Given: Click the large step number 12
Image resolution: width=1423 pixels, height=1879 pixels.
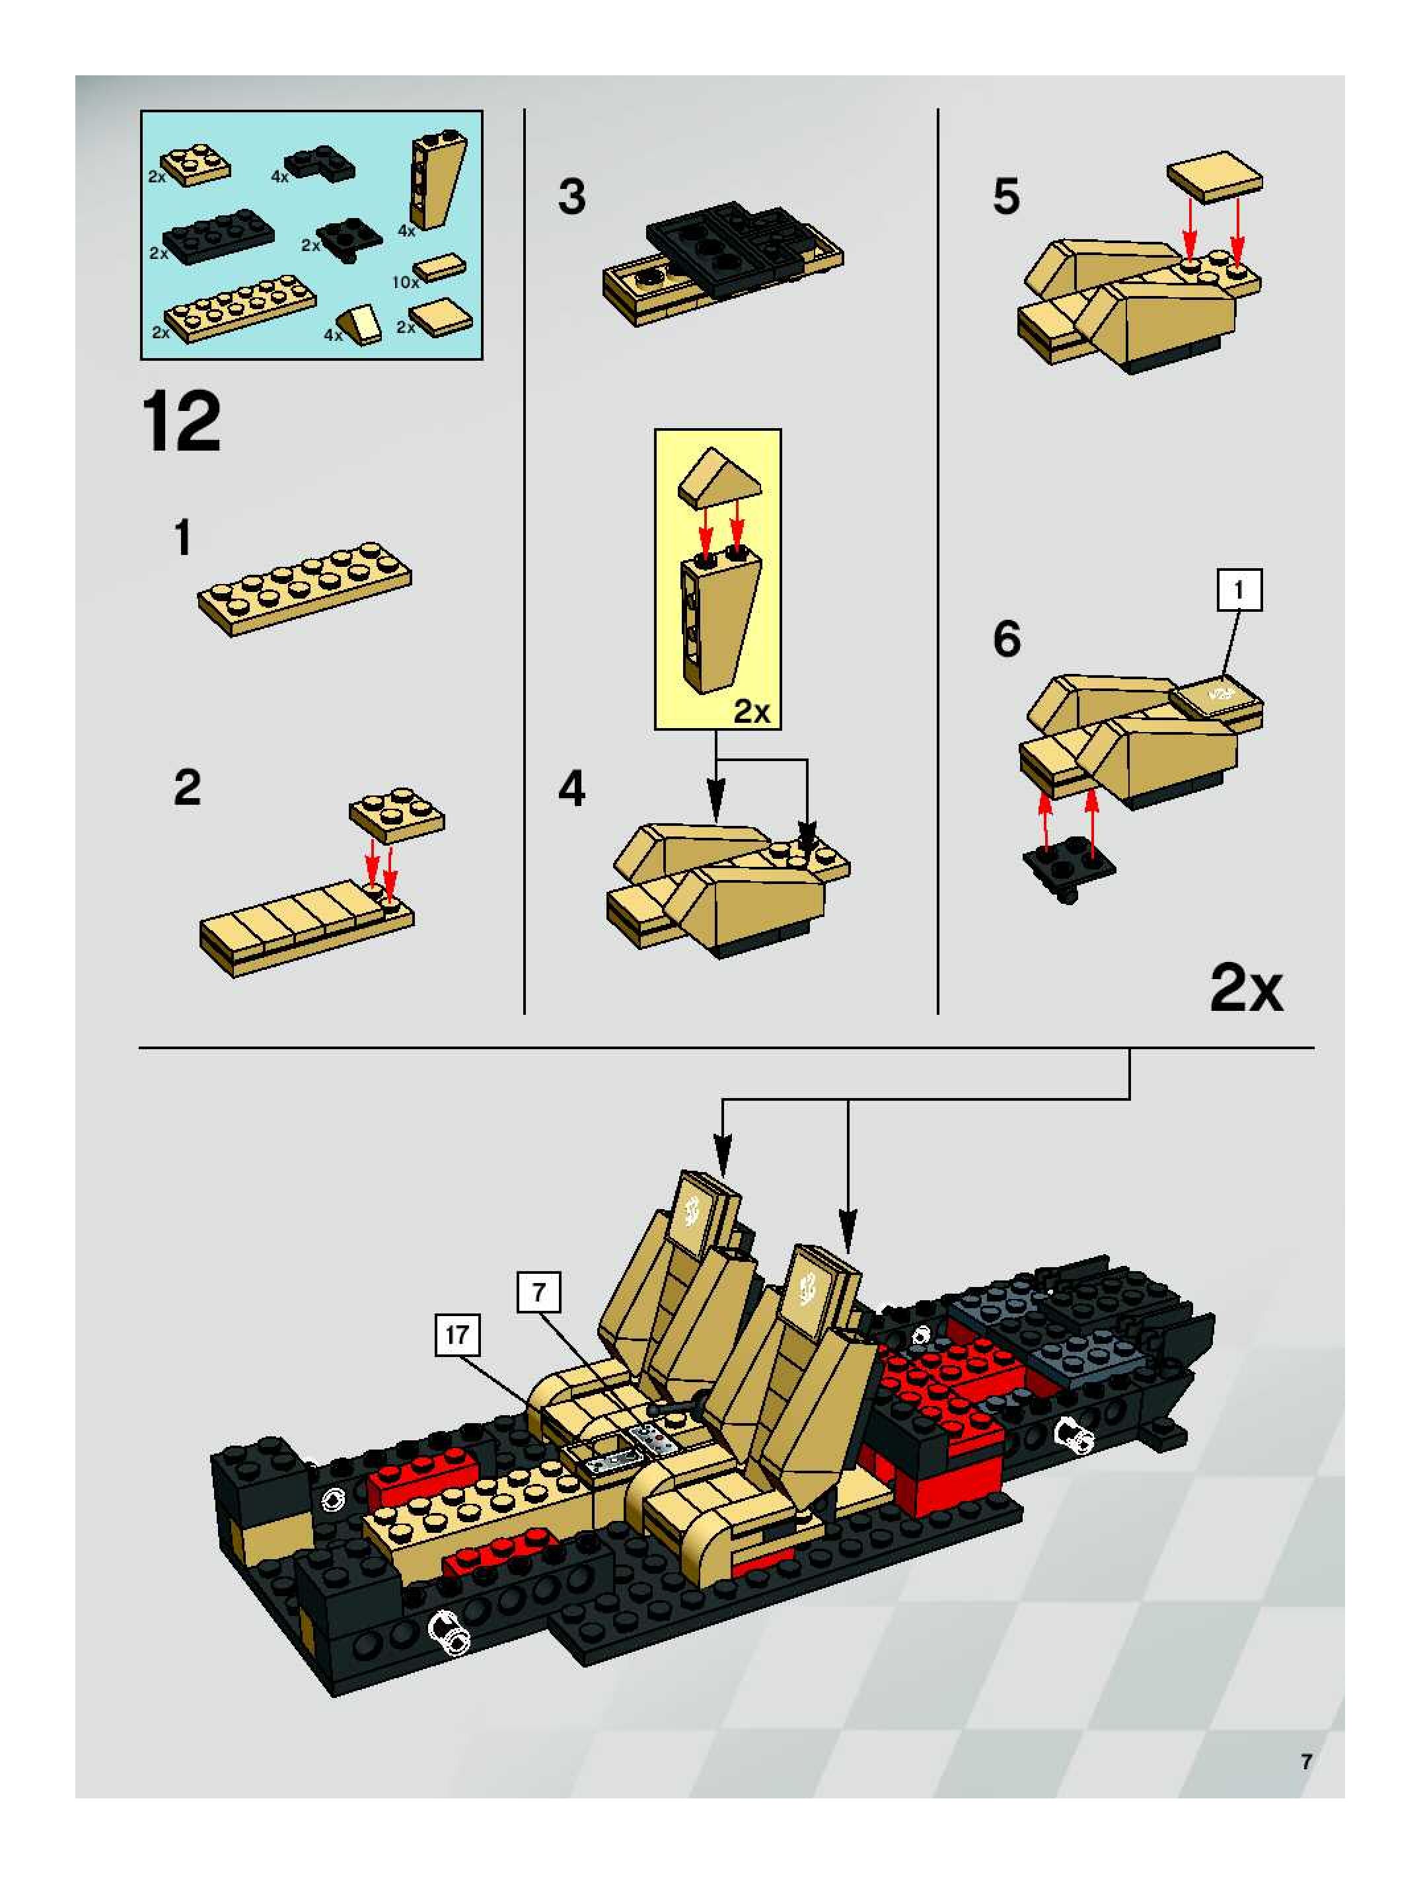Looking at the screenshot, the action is coord(182,422).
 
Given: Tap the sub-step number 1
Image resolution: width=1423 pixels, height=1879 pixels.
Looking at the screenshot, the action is coord(182,538).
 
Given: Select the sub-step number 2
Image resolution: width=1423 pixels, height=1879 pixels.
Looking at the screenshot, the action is coord(187,788).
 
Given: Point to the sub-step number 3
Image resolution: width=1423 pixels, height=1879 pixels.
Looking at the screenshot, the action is coord(571,197).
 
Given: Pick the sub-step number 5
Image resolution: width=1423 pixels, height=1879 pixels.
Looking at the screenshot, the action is coord(1006,197).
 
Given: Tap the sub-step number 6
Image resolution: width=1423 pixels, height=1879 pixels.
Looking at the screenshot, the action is coord(1007,640).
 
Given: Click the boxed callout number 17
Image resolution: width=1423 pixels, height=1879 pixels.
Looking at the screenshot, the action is coord(457,1335).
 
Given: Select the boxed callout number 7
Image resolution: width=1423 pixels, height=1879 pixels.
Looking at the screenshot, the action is coord(538,1294).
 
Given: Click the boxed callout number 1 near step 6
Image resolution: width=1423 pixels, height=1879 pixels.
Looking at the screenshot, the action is coord(1239,589).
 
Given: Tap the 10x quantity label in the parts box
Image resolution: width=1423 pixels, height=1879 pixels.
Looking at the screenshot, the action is coord(404,282).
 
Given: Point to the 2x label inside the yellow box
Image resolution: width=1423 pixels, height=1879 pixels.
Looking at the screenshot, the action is coord(752,711).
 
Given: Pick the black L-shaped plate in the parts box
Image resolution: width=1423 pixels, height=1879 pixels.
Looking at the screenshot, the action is coord(320,163).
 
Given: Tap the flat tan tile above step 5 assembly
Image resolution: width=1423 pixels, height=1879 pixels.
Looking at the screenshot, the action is coord(1215,176).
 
